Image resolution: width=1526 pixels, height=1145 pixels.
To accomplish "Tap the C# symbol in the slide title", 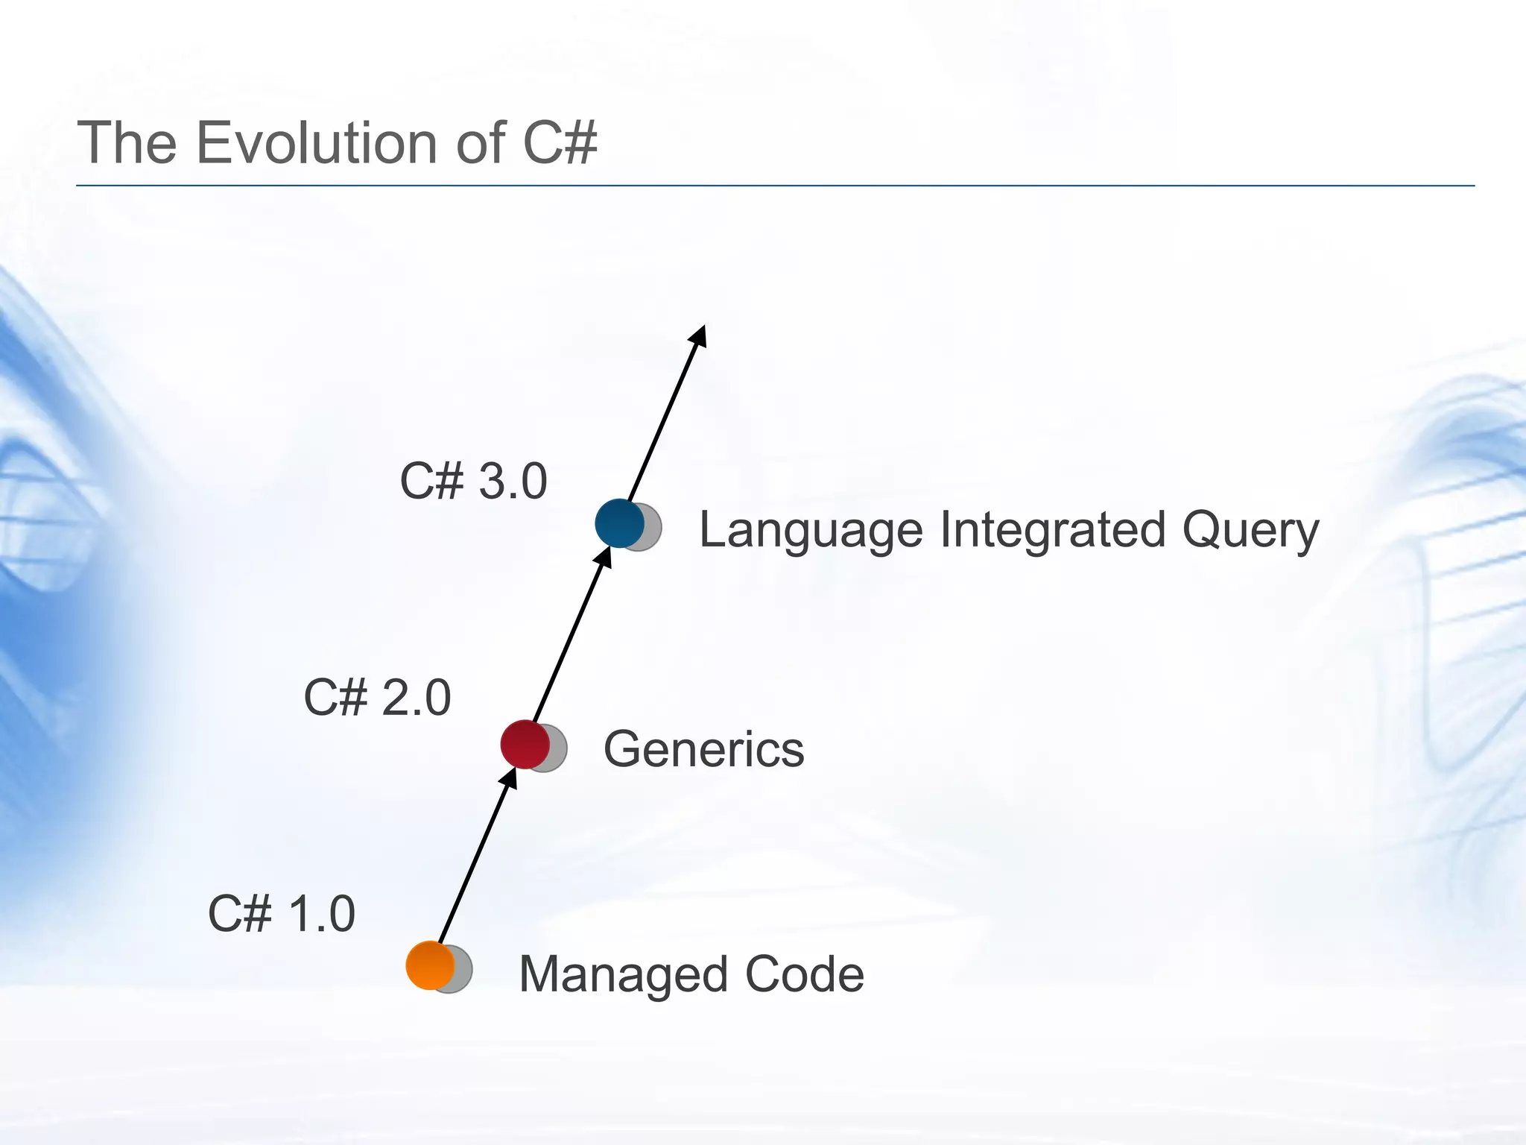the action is coord(560,142).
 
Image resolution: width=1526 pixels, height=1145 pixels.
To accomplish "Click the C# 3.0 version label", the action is coord(473,481).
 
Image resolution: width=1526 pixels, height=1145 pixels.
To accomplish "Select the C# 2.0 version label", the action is coord(377,698).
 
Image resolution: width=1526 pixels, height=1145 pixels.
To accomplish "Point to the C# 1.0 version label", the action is coord(281,914).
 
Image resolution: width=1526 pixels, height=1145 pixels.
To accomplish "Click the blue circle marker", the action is coord(619,523).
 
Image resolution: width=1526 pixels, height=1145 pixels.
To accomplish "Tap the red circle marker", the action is coord(525,744).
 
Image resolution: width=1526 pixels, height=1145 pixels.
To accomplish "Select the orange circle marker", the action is coord(430,965).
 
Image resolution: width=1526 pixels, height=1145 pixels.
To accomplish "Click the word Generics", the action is coord(703,748).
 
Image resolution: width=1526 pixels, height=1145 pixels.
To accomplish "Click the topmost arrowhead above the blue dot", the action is coord(698,336).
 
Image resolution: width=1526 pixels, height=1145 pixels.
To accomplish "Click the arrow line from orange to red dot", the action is coord(473,865).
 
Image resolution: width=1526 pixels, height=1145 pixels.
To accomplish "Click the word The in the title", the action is coord(126,142).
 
